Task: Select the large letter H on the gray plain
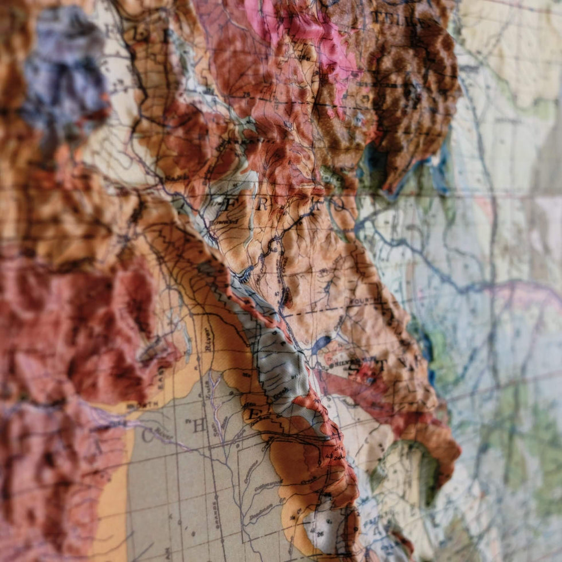(199, 425)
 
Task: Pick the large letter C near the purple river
(147, 436)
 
